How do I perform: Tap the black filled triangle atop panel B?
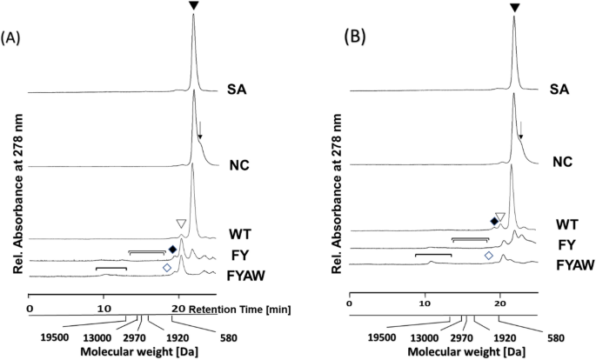(x=514, y=8)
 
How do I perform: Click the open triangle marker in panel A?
(x=180, y=224)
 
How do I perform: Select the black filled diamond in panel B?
(x=493, y=222)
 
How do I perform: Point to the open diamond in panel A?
(x=167, y=269)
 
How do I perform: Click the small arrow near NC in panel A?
(x=199, y=134)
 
